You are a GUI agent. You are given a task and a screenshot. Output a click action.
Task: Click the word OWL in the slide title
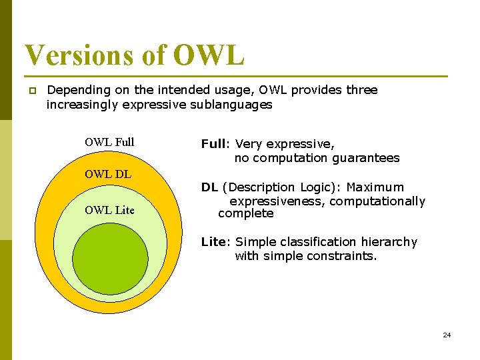(x=209, y=55)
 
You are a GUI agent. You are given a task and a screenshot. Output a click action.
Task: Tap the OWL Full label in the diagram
(x=109, y=142)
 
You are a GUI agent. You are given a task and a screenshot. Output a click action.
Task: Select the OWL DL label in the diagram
(x=108, y=175)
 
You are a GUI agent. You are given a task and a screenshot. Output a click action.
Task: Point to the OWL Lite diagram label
(x=109, y=210)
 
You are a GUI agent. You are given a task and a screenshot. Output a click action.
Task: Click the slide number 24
(x=447, y=335)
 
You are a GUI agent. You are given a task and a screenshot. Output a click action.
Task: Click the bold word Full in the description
(x=213, y=144)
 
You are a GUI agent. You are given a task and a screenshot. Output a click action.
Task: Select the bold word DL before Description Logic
(x=209, y=187)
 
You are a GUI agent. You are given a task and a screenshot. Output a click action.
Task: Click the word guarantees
(x=367, y=158)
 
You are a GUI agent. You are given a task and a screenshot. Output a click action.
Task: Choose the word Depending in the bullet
(x=79, y=90)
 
